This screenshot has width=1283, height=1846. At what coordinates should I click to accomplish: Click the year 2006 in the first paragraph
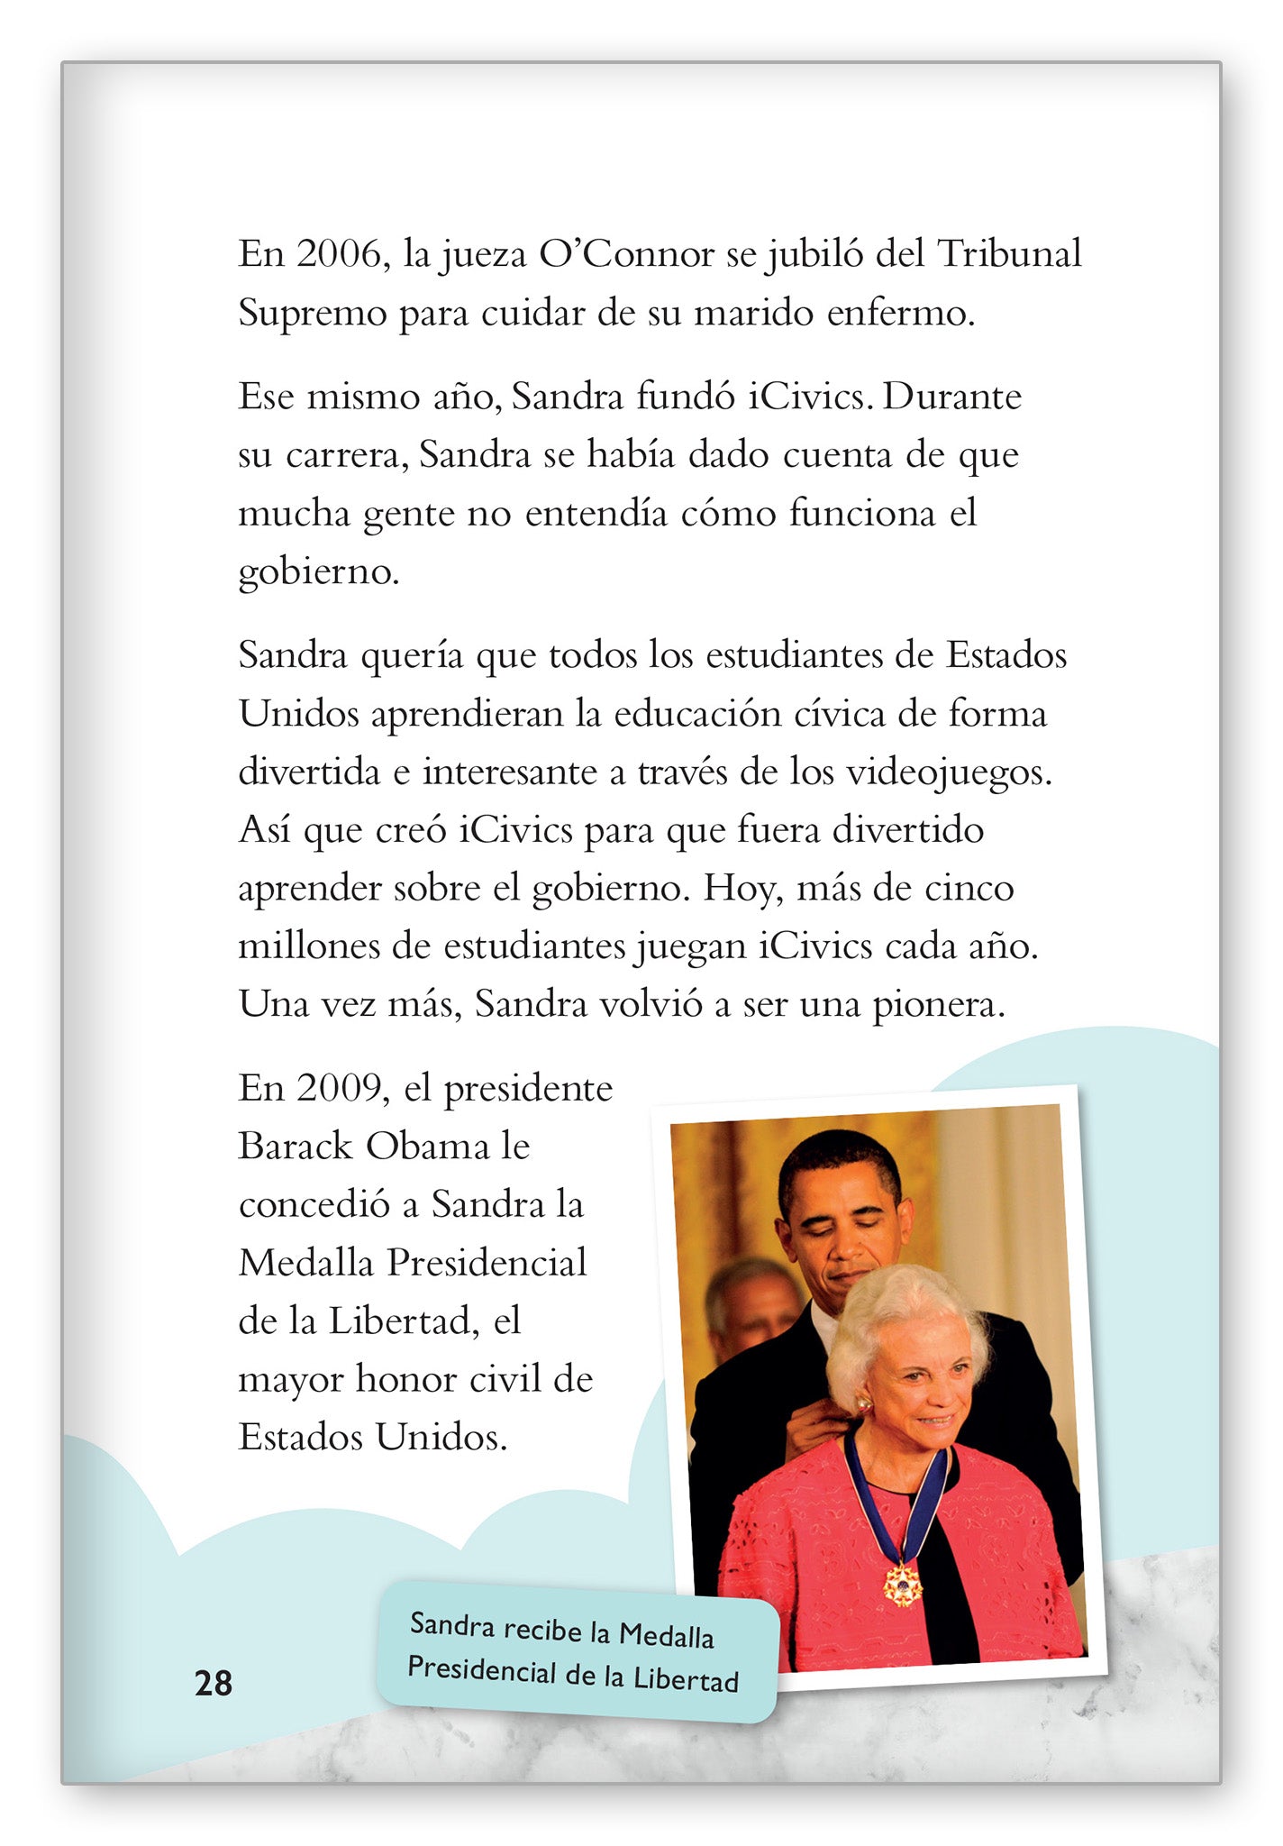[339, 255]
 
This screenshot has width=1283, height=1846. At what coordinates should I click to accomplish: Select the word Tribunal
[1009, 255]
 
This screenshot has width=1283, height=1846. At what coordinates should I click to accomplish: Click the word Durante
[951, 397]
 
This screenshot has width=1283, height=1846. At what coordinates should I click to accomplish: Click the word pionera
[939, 1005]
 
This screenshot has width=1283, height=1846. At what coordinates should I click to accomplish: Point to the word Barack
[296, 1147]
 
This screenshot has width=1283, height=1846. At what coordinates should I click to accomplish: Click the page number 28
[214, 1683]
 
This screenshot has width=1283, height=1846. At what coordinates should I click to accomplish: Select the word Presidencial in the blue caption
[482, 1670]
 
